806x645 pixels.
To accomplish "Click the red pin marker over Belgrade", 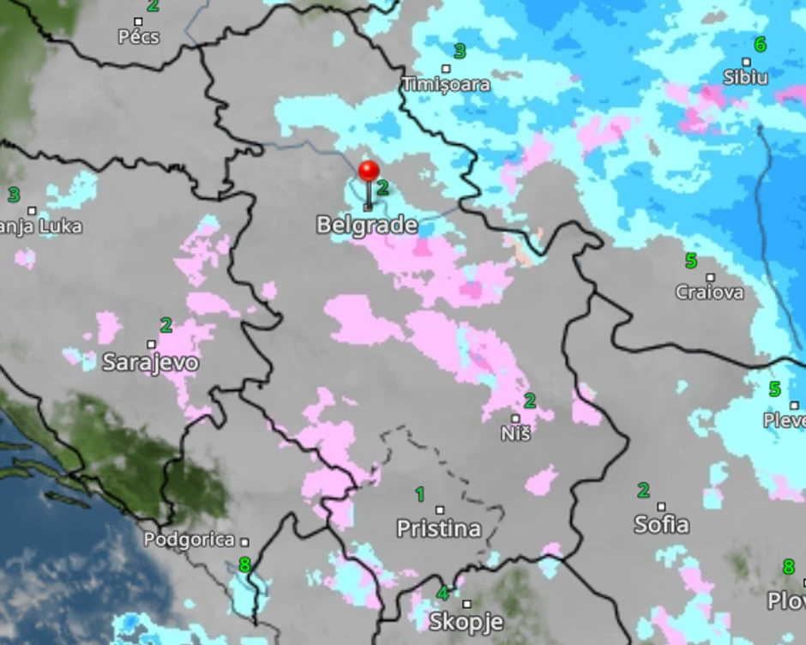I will tap(370, 171).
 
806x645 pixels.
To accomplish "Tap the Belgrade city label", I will tap(367, 226).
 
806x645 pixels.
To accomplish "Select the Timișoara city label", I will tap(446, 84).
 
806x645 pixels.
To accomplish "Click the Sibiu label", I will tap(746, 77).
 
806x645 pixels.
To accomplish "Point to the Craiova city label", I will tap(709, 292).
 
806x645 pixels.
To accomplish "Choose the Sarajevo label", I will tap(150, 362).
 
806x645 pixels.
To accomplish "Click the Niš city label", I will tap(516, 434).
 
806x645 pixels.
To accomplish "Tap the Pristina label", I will tap(439, 528).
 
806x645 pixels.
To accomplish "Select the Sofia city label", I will tap(661, 523).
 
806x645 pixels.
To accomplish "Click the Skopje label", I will tap(466, 621).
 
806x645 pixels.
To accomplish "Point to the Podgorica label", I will tap(189, 540).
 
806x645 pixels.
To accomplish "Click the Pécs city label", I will tap(137, 37).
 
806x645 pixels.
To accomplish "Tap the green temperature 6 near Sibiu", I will tap(759, 45).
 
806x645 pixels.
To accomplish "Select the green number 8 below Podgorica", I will tap(244, 565).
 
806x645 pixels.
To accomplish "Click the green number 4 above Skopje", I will tap(443, 593).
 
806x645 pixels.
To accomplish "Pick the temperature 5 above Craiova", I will tap(690, 261).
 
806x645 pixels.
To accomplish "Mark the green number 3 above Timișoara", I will tap(459, 51).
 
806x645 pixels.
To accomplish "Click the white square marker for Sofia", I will tap(661, 506).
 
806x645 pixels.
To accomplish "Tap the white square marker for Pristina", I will tap(440, 510).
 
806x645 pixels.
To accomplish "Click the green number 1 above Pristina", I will tap(420, 494).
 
